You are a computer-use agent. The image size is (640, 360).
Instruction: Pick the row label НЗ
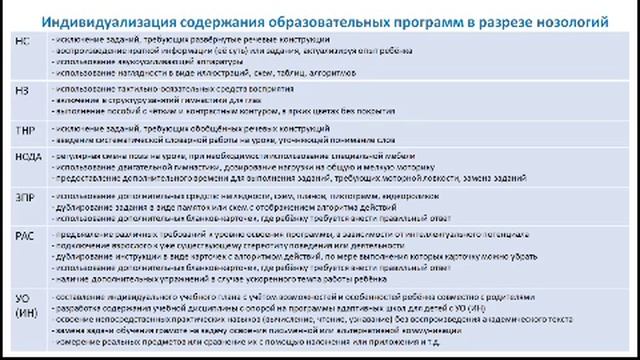pyautogui.click(x=23, y=90)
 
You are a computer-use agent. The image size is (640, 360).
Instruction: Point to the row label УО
pyautogui.click(x=24, y=297)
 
